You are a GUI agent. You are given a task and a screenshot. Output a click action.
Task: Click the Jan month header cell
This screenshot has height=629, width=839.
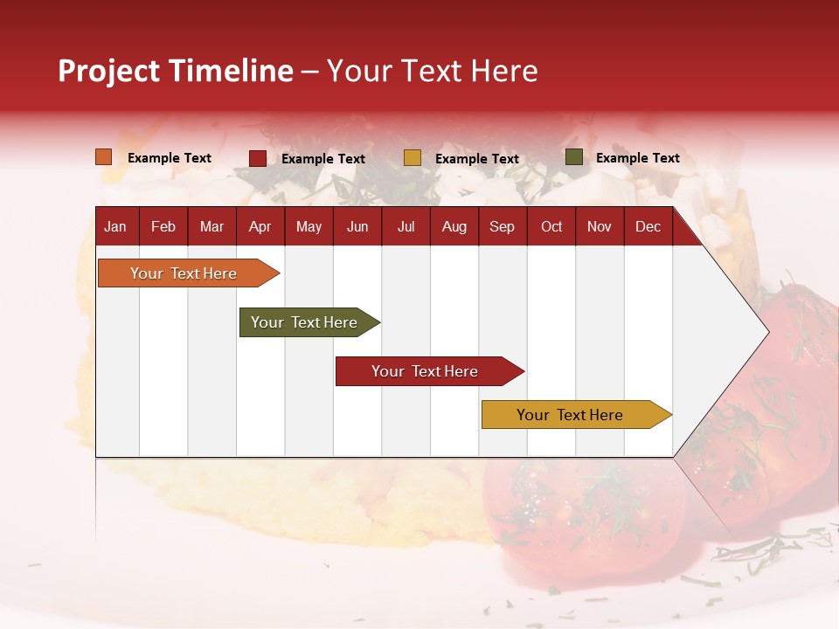click(116, 226)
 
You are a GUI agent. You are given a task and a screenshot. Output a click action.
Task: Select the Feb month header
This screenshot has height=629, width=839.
click(163, 226)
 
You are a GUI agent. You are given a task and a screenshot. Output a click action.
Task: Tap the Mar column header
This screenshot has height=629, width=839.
click(211, 226)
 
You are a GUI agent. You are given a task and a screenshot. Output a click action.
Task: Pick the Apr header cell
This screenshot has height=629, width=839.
click(260, 226)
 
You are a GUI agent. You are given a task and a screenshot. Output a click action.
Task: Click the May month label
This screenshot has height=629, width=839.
click(309, 226)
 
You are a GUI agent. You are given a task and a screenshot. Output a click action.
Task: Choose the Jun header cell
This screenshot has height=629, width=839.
click(357, 226)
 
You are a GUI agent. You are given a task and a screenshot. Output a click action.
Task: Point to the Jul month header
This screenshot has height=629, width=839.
click(406, 226)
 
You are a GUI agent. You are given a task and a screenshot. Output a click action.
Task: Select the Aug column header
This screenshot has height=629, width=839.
click(454, 226)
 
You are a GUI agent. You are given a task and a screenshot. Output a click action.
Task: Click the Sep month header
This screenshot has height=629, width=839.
click(503, 226)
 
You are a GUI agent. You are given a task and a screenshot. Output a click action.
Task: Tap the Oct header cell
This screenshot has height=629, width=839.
click(551, 226)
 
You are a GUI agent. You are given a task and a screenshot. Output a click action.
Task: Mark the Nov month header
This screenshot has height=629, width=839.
click(600, 226)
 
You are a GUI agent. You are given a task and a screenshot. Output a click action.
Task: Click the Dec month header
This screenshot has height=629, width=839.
click(648, 226)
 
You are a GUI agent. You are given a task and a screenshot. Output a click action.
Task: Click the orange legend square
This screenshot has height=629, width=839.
click(104, 157)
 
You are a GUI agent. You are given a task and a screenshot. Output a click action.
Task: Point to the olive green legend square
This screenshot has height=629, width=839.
click(574, 157)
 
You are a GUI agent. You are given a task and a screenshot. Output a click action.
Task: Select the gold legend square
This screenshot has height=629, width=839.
click(413, 158)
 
